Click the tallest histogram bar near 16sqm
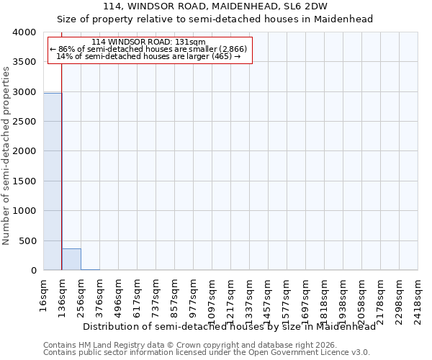click(53, 181)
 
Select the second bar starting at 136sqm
click(71, 259)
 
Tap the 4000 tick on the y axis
click(24, 33)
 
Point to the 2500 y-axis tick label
click(24, 122)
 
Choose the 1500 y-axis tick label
click(24, 181)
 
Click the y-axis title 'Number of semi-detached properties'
click(6, 156)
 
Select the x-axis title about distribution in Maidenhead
click(230, 326)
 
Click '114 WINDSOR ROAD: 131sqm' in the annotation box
click(149, 42)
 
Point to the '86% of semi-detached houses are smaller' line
click(149, 49)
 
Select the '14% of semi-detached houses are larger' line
click(149, 56)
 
